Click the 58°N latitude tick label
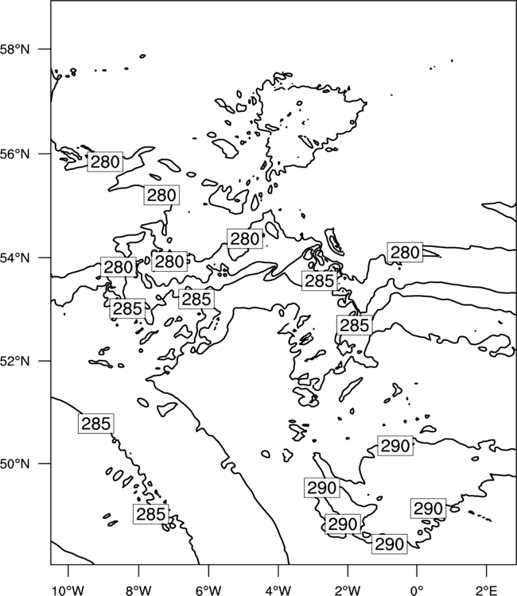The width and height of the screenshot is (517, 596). click(15, 49)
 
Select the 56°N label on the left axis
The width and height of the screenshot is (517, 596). click(15, 154)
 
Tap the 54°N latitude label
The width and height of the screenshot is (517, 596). click(15, 258)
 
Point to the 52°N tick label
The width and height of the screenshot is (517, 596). click(15, 361)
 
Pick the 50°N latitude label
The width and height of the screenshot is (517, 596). click(15, 464)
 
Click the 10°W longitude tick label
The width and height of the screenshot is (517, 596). click(68, 590)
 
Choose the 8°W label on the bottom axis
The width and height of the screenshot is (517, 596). click(138, 590)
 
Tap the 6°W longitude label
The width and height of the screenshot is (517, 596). click(208, 590)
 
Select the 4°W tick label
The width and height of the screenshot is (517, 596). click(278, 590)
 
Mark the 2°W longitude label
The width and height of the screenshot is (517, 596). click(348, 590)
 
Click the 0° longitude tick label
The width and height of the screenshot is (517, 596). click(417, 590)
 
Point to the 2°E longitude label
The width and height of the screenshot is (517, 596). click(487, 590)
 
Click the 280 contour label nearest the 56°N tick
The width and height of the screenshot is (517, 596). click(105, 162)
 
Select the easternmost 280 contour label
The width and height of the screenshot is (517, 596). click(405, 252)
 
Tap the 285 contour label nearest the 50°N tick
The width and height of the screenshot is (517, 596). click(96, 423)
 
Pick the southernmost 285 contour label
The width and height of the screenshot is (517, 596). click(150, 514)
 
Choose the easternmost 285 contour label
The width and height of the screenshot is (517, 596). click(354, 325)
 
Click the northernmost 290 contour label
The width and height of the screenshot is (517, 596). click(395, 446)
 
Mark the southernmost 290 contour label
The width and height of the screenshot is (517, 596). click(389, 544)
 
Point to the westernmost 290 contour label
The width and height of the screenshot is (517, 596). click(322, 487)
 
